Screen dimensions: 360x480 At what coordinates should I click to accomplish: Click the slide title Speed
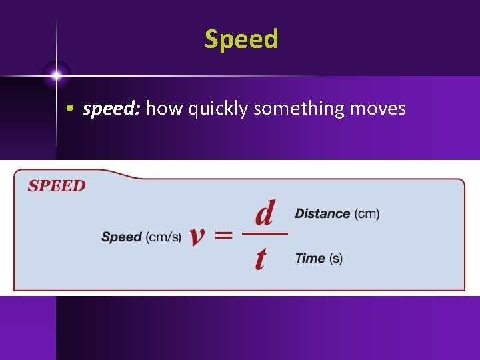point(241,39)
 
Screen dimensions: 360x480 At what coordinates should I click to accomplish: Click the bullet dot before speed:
point(70,109)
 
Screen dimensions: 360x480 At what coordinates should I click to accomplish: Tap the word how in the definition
point(163,109)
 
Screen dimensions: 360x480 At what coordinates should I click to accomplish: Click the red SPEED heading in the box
point(57,186)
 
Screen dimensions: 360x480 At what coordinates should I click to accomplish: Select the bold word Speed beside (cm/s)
point(121,237)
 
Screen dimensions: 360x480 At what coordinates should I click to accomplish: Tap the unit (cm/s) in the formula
point(163,237)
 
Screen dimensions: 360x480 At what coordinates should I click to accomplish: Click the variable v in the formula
point(196,236)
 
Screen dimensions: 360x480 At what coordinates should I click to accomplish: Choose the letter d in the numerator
point(264,213)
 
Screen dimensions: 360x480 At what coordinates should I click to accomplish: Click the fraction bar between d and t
point(264,233)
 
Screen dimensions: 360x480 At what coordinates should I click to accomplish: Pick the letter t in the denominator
point(261,257)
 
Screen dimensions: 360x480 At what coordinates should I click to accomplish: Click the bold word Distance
point(322,213)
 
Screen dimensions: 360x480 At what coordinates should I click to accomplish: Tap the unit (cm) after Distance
point(367,213)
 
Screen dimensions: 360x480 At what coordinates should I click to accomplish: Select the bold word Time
point(310,258)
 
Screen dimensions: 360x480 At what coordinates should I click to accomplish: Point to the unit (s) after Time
point(335,258)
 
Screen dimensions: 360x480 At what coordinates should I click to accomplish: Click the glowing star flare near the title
point(57,75)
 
